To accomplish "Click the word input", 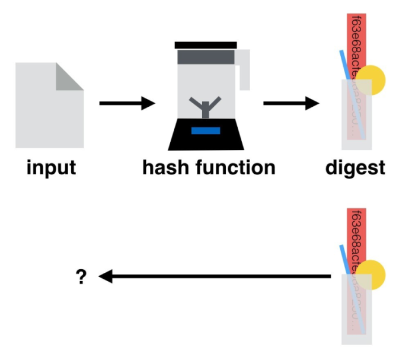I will pos(51,167).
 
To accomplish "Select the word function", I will pos(235,167).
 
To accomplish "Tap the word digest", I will pos(355,167).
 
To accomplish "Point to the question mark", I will pos(82,277).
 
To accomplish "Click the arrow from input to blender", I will pos(126,104).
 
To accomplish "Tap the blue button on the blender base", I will pos(206,130).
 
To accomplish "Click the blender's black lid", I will pos(206,45).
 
